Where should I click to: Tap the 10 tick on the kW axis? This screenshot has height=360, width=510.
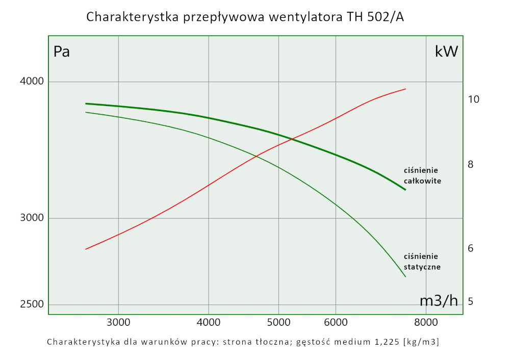click(x=473, y=99)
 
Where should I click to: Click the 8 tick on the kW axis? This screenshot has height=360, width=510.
click(x=470, y=164)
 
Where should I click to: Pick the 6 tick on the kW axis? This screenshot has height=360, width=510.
click(x=470, y=248)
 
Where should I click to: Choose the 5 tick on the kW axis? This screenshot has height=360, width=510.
click(x=470, y=301)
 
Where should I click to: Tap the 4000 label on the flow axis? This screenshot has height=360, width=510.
click(x=208, y=322)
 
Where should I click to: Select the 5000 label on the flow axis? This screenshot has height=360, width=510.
click(x=278, y=322)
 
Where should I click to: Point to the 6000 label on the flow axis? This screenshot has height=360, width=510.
click(x=336, y=322)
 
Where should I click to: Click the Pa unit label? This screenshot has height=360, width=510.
click(x=62, y=52)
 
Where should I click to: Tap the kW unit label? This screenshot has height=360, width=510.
click(x=446, y=52)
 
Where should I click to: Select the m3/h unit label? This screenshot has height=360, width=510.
click(x=439, y=301)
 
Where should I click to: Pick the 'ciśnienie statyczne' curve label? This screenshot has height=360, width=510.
click(x=422, y=261)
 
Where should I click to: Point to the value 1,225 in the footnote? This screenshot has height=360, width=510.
click(x=387, y=342)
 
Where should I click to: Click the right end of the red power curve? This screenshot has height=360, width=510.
click(x=405, y=89)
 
